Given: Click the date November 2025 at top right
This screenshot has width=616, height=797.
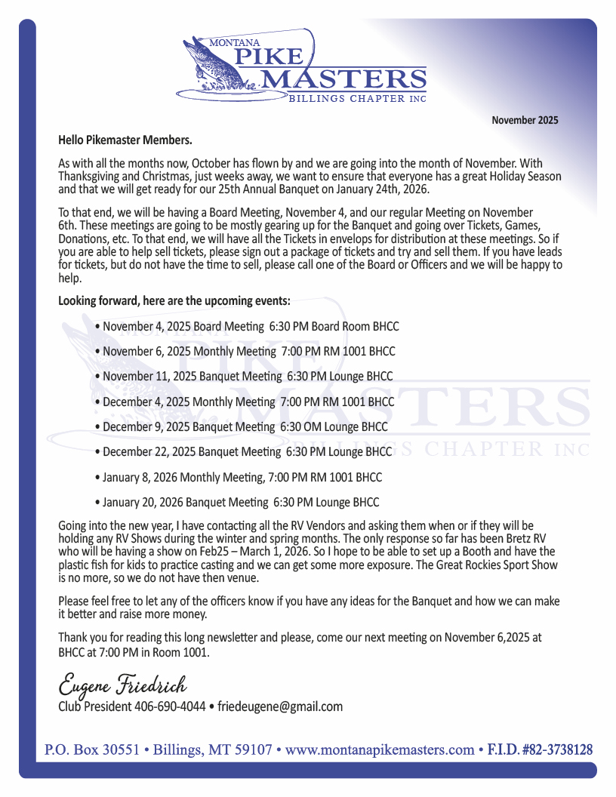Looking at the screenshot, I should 525,120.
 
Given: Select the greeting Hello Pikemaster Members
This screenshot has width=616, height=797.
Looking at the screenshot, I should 125,140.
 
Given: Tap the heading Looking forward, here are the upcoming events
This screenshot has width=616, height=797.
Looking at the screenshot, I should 174,300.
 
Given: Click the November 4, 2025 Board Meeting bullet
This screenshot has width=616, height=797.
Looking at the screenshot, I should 248,327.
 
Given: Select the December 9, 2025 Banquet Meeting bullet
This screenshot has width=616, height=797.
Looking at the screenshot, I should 242,426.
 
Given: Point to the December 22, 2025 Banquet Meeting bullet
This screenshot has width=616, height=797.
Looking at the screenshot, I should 245,452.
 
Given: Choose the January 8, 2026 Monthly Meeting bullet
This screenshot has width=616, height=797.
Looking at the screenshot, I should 239,477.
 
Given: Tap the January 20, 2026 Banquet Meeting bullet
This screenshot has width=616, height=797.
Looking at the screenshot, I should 238,502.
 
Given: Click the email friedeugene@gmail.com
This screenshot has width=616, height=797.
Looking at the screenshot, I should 280,707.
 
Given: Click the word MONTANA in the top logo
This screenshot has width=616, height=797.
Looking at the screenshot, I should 234,44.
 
